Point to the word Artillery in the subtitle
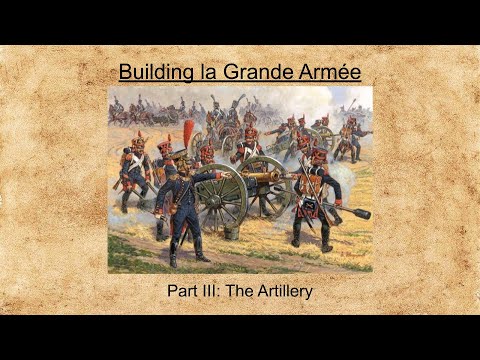point(282,292)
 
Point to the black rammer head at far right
point(360,213)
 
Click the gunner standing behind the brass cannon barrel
point(247,150)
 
